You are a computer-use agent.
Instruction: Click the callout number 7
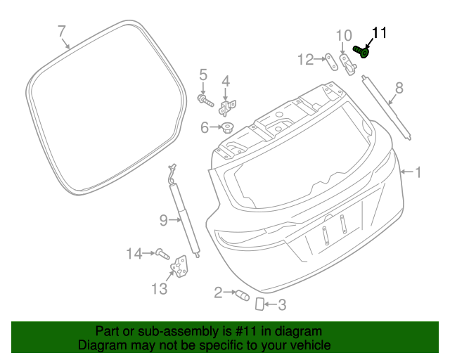click(61, 31)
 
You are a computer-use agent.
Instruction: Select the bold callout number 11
click(379, 33)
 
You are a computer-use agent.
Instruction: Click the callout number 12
click(304, 60)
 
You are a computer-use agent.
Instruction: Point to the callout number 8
click(399, 88)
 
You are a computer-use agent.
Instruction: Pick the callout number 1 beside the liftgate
click(418, 172)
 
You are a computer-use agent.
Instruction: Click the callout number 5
click(203, 75)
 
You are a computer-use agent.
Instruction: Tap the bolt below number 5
click(205, 101)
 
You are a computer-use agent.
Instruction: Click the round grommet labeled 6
click(229, 129)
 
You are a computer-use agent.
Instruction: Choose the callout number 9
click(162, 221)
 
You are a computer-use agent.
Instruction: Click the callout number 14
click(134, 253)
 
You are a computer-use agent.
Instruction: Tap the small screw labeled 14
click(162, 252)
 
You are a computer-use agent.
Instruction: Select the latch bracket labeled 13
click(181, 269)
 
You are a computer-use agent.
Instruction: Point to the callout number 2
click(219, 292)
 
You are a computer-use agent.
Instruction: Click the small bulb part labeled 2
click(242, 295)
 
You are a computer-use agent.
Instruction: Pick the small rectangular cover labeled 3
click(259, 304)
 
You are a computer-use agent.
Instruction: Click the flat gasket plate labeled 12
click(329, 60)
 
